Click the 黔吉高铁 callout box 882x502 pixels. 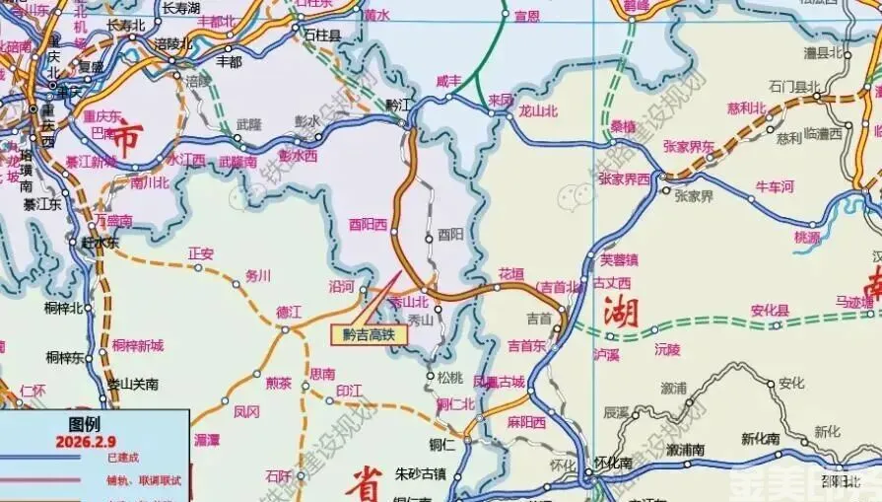point(368,334)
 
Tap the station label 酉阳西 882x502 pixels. point(368,224)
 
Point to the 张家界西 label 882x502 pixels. point(624,179)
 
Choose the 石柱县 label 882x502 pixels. point(321,35)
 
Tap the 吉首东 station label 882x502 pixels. point(526,345)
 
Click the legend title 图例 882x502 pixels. point(84,425)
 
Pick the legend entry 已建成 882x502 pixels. point(123,458)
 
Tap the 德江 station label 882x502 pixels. point(289,312)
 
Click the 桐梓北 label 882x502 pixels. point(63,308)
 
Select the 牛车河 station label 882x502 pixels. point(774,185)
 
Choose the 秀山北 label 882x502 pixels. point(409,302)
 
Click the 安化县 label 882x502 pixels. point(770,310)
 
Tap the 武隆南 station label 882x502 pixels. point(237,161)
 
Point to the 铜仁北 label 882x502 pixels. point(455,403)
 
